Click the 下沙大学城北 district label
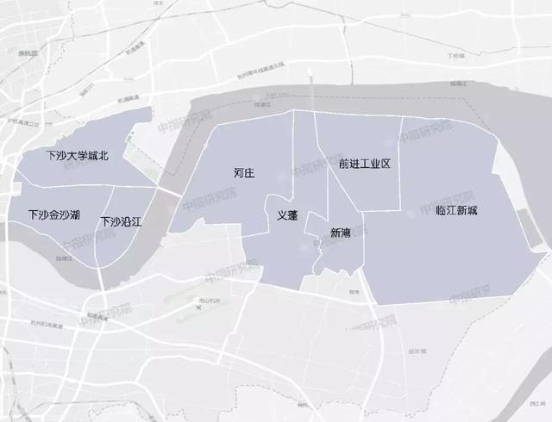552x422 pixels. tap(78, 157)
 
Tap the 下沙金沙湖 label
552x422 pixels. tap(53, 214)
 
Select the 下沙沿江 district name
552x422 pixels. tap(121, 221)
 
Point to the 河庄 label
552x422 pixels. tap(244, 173)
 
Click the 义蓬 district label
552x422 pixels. tap(287, 217)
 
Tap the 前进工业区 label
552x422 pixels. tap(365, 163)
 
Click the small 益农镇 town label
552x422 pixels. tap(417, 351)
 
